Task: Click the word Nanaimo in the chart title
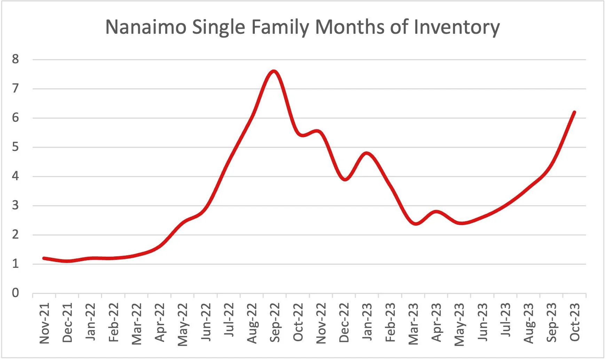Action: (145, 27)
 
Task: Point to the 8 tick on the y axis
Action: (15, 59)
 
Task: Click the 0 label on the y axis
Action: (15, 293)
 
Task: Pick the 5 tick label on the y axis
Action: (15, 147)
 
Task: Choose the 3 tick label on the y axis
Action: (15, 205)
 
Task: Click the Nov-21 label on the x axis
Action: (45, 323)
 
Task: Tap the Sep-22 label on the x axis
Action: (275, 322)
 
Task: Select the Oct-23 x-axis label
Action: (575, 322)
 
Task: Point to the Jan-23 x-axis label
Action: (367, 322)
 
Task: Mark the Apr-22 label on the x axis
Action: (160, 322)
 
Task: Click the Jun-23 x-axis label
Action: (482, 322)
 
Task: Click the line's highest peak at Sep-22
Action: (274, 71)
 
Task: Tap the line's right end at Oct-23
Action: (574, 112)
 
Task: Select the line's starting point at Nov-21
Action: (44, 258)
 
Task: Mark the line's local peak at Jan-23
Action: (367, 153)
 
